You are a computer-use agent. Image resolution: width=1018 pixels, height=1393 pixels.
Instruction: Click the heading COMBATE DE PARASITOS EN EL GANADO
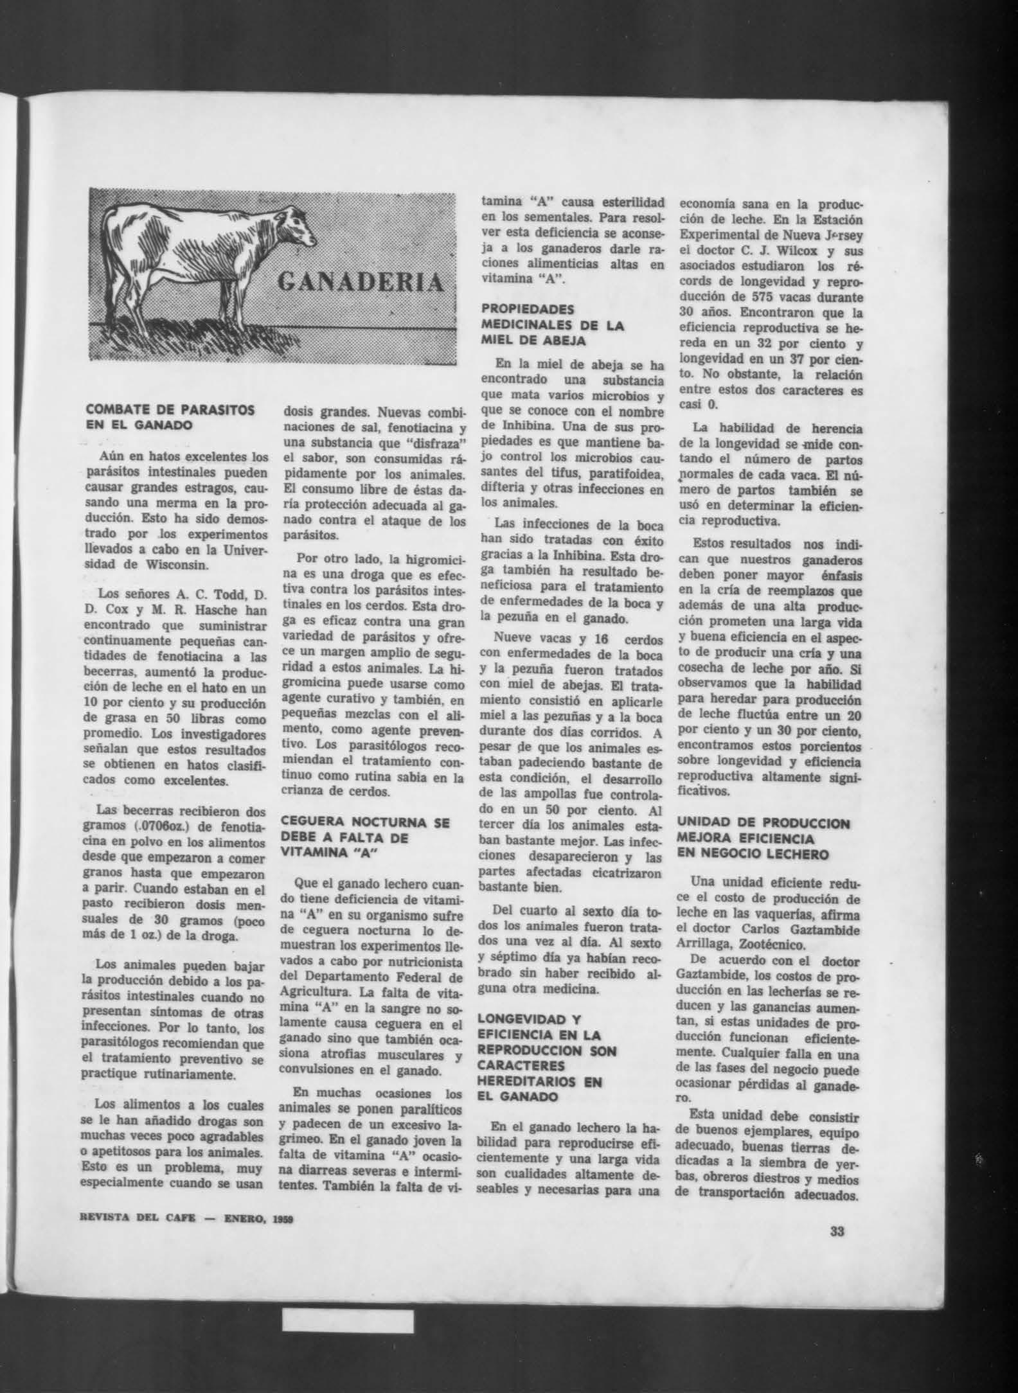[x=170, y=417]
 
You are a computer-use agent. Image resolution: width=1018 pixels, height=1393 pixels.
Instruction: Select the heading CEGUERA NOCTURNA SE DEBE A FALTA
[x=366, y=837]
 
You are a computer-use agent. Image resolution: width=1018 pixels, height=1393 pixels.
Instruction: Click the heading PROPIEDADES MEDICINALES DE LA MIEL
[x=553, y=324]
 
